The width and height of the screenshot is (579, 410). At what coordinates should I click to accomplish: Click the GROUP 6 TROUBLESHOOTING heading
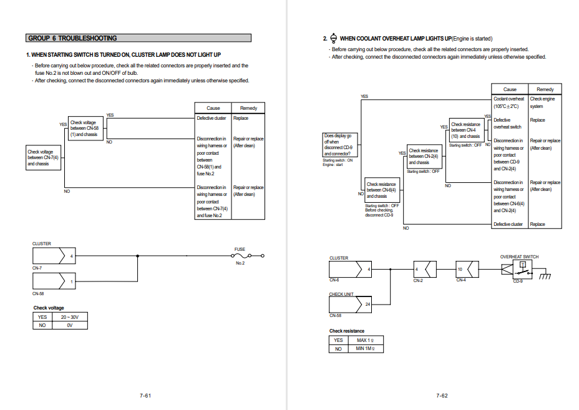coord(72,38)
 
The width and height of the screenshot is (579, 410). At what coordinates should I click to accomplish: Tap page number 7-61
coord(145,395)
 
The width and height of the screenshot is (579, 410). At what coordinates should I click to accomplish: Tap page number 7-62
coord(442,395)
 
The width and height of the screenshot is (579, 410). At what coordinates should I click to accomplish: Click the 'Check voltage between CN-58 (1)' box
coord(85,129)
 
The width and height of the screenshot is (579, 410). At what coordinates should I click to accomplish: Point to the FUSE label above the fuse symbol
coord(240,249)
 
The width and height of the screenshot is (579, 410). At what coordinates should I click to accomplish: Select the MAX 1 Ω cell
coord(365,340)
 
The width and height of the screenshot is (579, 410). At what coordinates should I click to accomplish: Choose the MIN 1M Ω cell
coord(365,348)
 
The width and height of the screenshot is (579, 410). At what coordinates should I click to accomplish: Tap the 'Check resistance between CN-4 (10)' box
coord(465,130)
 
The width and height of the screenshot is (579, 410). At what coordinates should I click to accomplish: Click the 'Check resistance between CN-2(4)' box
coord(424,157)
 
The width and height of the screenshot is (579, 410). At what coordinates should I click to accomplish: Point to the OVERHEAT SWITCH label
coord(519,256)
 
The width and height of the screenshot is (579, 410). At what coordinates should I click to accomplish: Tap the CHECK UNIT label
coord(341,294)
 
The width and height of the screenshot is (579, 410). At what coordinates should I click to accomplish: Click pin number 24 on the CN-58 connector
coord(368,304)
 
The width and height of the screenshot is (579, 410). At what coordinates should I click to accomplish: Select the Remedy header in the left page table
coord(248,108)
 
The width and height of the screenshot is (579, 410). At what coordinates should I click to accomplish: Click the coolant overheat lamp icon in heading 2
coord(334,38)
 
